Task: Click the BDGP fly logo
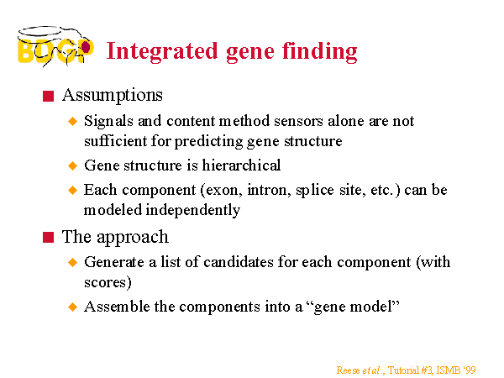pos(55,46)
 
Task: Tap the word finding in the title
pos(320,52)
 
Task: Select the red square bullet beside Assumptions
pos(48,96)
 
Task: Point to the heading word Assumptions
pos(113,96)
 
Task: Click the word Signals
pos(108,122)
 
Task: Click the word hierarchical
pos(241,165)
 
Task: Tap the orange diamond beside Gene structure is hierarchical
pos(73,165)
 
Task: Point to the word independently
pos(193,211)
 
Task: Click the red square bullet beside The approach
pos(48,238)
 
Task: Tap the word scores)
pos(108,282)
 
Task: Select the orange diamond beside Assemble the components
pos(73,307)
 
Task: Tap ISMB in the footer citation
pos(449,370)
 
